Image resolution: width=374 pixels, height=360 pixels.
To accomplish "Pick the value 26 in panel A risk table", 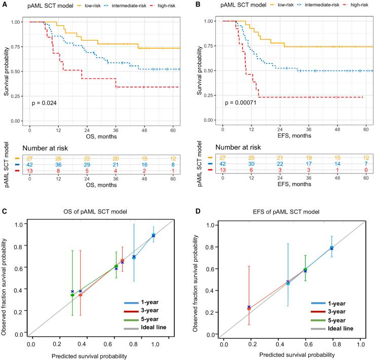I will click(x=60, y=159).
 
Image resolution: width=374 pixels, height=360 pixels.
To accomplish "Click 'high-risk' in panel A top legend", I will click(x=168, y=6).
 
